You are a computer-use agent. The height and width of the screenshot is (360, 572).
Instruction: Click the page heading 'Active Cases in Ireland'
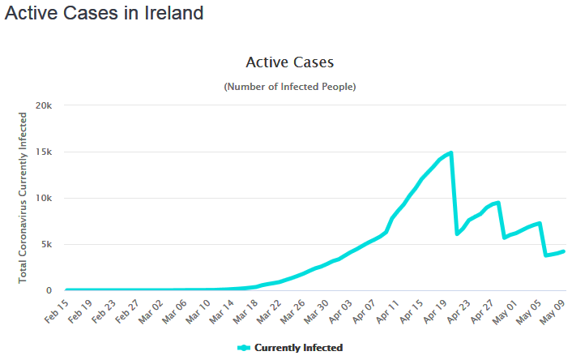(x=104, y=14)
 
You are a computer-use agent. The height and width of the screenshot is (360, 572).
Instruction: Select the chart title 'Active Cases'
(x=289, y=62)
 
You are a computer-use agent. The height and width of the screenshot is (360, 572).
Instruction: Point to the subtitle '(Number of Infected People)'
(x=289, y=86)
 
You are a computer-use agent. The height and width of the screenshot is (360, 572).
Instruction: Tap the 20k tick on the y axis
(x=43, y=105)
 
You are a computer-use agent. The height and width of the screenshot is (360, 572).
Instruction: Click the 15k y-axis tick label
(x=43, y=152)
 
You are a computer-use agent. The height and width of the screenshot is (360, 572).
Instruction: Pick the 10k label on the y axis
(x=43, y=198)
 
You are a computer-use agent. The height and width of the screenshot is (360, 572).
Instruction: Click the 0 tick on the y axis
(x=49, y=290)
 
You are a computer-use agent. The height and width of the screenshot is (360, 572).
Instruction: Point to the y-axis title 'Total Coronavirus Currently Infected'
(x=23, y=198)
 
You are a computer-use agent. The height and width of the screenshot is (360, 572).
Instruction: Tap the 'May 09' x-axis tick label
(x=553, y=309)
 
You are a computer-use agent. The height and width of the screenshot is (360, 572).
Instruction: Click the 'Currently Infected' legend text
(x=298, y=348)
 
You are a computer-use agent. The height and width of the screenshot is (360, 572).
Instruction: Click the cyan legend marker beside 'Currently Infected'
(x=244, y=348)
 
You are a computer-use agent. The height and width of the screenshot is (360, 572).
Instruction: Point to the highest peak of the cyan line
(x=450, y=152)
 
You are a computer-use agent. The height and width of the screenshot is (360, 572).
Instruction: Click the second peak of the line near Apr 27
(x=497, y=203)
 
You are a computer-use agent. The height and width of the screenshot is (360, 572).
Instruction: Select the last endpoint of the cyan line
(x=563, y=251)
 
